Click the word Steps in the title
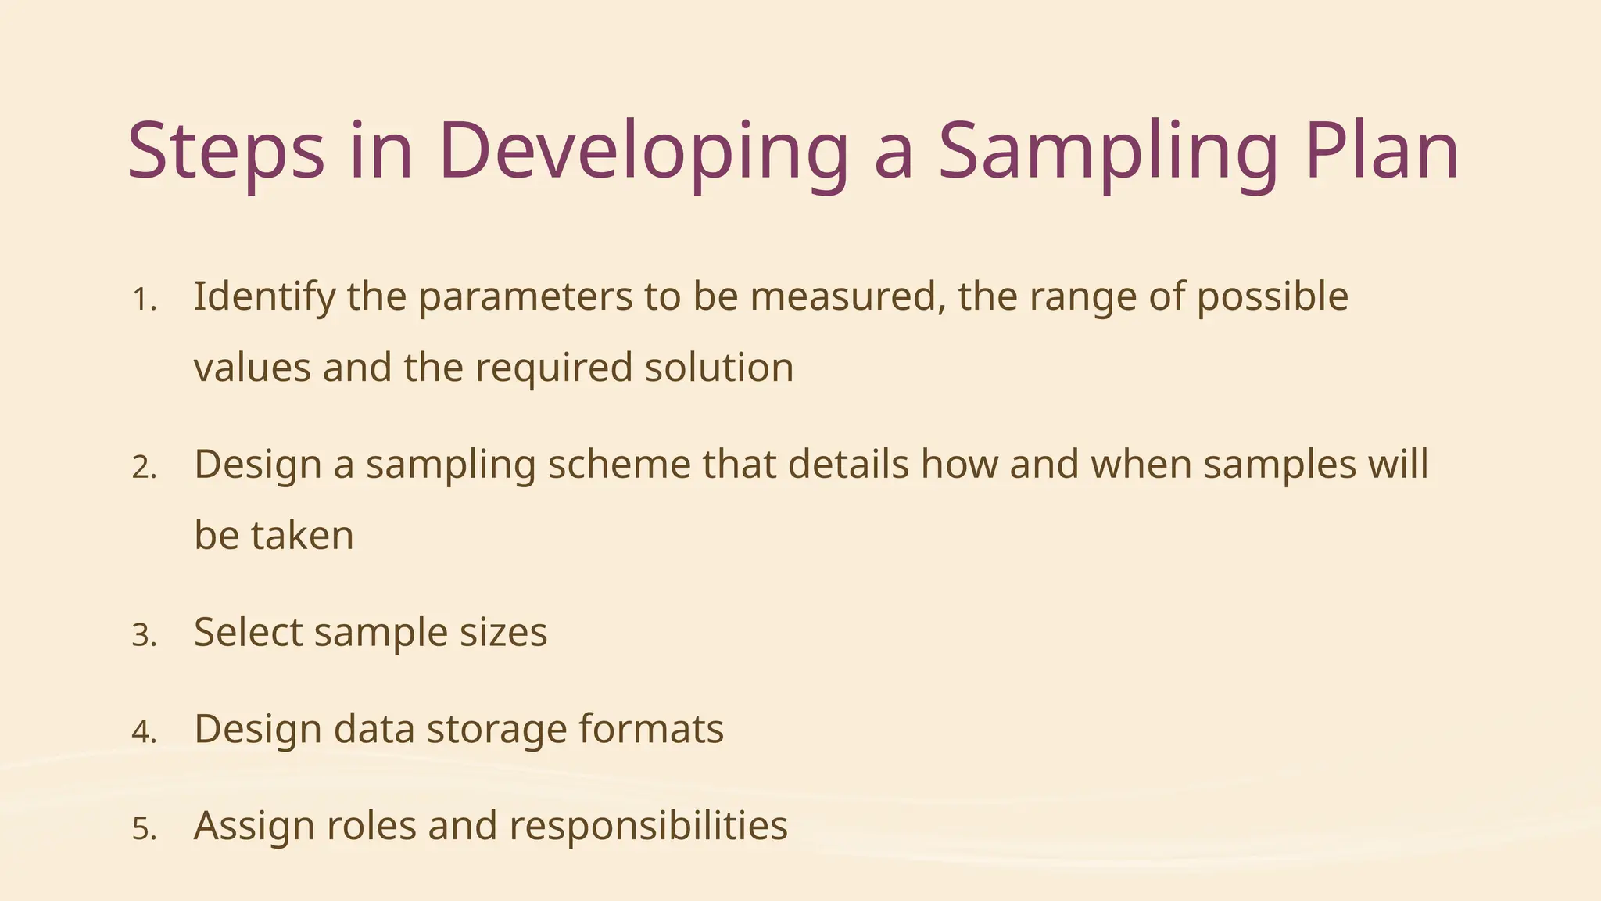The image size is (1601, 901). (x=225, y=151)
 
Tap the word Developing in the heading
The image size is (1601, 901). (x=643, y=151)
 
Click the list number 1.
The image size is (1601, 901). (x=144, y=300)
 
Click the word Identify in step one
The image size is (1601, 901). (x=264, y=297)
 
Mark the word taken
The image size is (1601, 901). (x=302, y=537)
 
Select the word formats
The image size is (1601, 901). (x=651, y=729)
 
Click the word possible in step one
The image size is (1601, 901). (x=1273, y=297)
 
